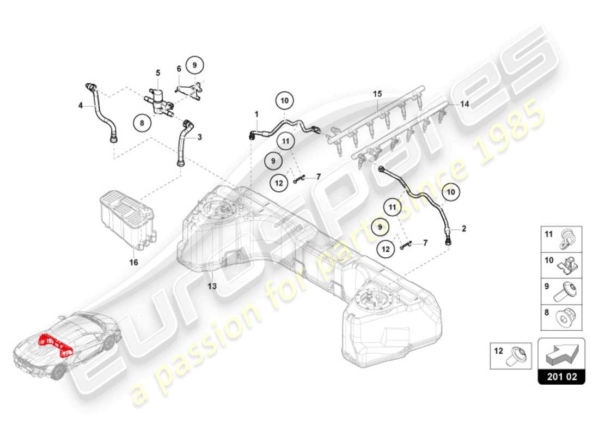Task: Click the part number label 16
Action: [133, 262]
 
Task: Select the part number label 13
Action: [212, 286]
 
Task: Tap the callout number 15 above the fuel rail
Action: [378, 94]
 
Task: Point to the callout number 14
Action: [464, 103]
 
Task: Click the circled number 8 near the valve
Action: [142, 123]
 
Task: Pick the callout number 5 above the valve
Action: [158, 72]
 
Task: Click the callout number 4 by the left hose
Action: [80, 106]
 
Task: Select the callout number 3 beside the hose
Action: [199, 137]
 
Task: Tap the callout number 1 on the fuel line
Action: [255, 114]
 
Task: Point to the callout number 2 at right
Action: [464, 229]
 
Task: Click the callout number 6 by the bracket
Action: [179, 69]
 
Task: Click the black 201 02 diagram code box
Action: [561, 377]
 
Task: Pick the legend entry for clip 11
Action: [561, 239]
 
